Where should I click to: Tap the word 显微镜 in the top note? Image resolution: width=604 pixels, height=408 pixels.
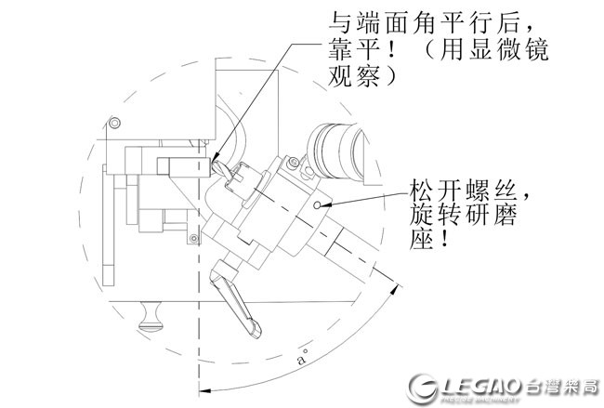[x=504, y=48]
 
